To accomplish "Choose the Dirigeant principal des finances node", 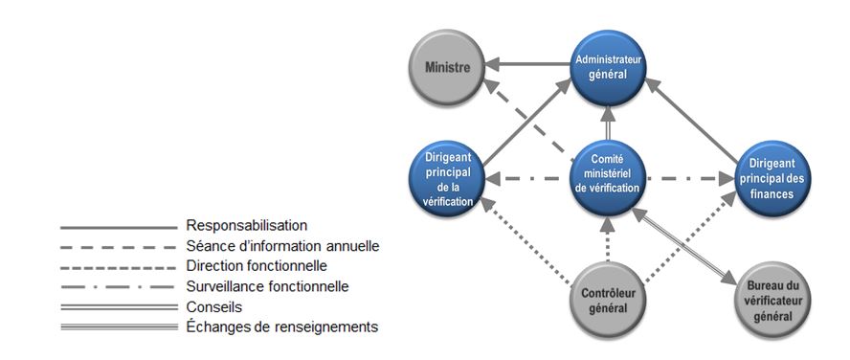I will click(772, 176).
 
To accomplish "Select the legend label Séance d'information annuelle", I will click(282, 246).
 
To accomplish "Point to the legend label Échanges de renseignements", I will click(281, 326).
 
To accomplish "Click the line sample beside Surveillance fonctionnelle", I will click(117, 287).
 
